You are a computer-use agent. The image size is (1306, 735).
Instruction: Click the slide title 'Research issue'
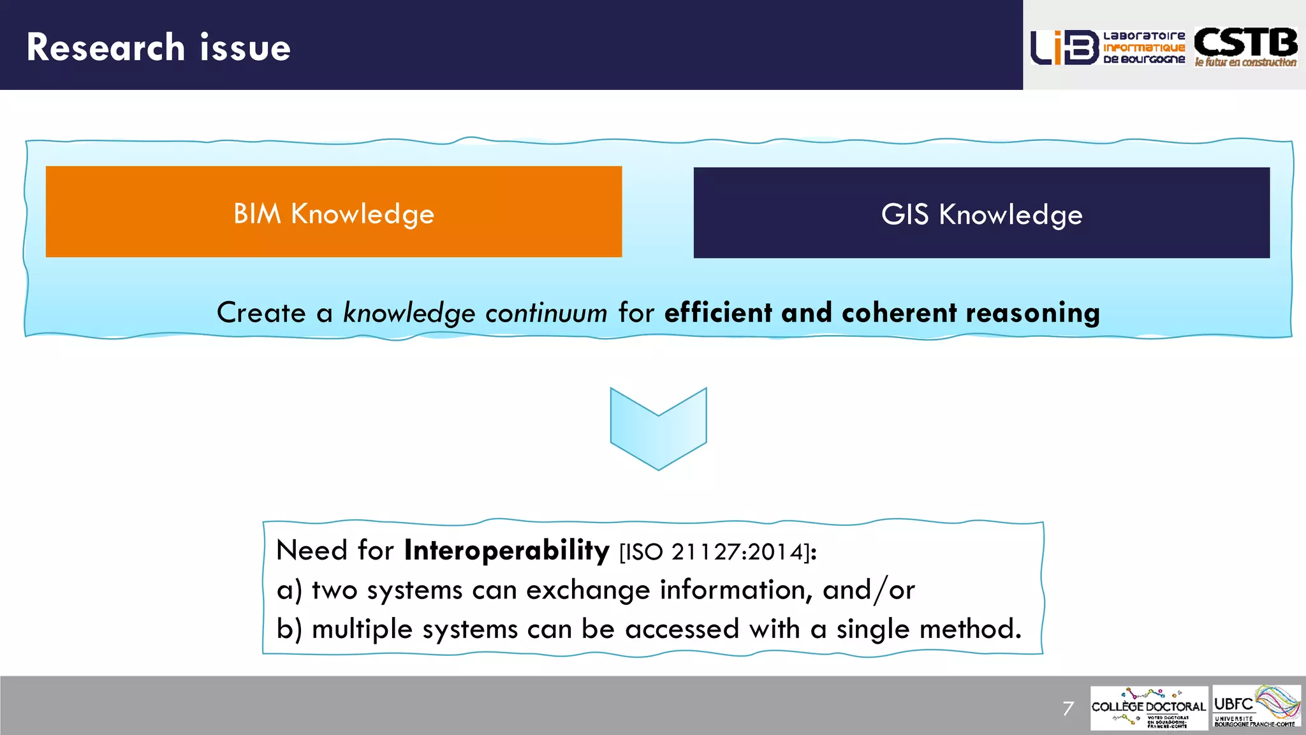click(158, 47)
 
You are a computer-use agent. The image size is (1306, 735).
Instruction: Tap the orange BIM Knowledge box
click(334, 212)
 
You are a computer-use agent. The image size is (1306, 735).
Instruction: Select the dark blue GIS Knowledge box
click(981, 213)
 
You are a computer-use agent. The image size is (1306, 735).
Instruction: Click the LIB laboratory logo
click(1108, 47)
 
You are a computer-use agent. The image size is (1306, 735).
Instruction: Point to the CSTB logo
click(1245, 47)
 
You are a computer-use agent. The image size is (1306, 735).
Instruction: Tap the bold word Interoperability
click(507, 550)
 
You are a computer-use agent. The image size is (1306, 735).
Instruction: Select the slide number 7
click(1068, 708)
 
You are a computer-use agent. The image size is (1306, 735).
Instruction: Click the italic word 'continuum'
click(546, 313)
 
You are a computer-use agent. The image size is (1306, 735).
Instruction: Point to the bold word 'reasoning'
click(1033, 313)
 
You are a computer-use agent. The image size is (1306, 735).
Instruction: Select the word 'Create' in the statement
click(261, 313)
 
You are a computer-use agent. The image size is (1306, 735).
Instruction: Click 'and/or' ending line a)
click(869, 590)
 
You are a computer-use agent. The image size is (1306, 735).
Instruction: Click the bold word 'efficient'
click(718, 313)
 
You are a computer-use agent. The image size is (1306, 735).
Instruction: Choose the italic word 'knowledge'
click(409, 313)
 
